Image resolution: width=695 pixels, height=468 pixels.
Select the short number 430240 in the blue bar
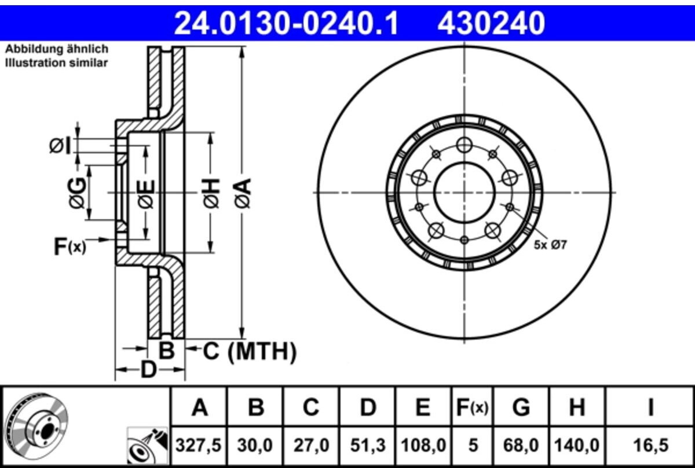[x=492, y=24]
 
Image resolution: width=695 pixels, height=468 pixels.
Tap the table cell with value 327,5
[x=199, y=445]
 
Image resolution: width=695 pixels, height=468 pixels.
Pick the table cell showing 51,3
[x=368, y=445]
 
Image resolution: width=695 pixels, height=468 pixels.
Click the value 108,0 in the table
[x=423, y=445]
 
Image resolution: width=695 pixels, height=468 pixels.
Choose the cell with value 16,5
[x=650, y=445]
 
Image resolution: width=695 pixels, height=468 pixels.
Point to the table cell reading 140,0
[x=576, y=445]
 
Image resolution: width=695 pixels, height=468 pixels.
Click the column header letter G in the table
[x=521, y=408]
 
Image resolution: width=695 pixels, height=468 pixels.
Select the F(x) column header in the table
[x=471, y=408]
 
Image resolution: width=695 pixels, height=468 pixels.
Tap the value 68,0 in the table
[x=521, y=445]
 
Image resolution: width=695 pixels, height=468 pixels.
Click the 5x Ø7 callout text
[x=550, y=245]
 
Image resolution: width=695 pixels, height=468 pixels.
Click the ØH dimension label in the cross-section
[x=212, y=193]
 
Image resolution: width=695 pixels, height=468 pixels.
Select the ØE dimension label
[x=145, y=193]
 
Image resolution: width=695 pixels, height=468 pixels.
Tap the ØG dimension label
[x=78, y=192]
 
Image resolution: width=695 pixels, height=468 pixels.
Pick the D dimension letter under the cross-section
[x=149, y=369]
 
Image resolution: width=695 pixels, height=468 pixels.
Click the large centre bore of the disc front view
[x=463, y=192]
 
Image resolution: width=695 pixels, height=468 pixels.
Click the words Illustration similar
[x=56, y=63]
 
